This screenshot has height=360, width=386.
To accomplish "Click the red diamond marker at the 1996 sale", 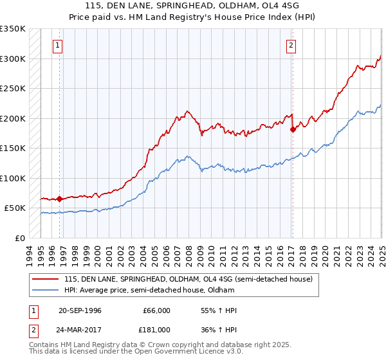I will pos(59,199).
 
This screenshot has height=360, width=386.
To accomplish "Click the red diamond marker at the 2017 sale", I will pos(293,129).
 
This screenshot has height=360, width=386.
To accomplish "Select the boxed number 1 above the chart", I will pos(59,45).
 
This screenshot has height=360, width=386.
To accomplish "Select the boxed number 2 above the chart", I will pos(291,45).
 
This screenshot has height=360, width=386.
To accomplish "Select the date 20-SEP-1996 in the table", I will pos(80,310).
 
